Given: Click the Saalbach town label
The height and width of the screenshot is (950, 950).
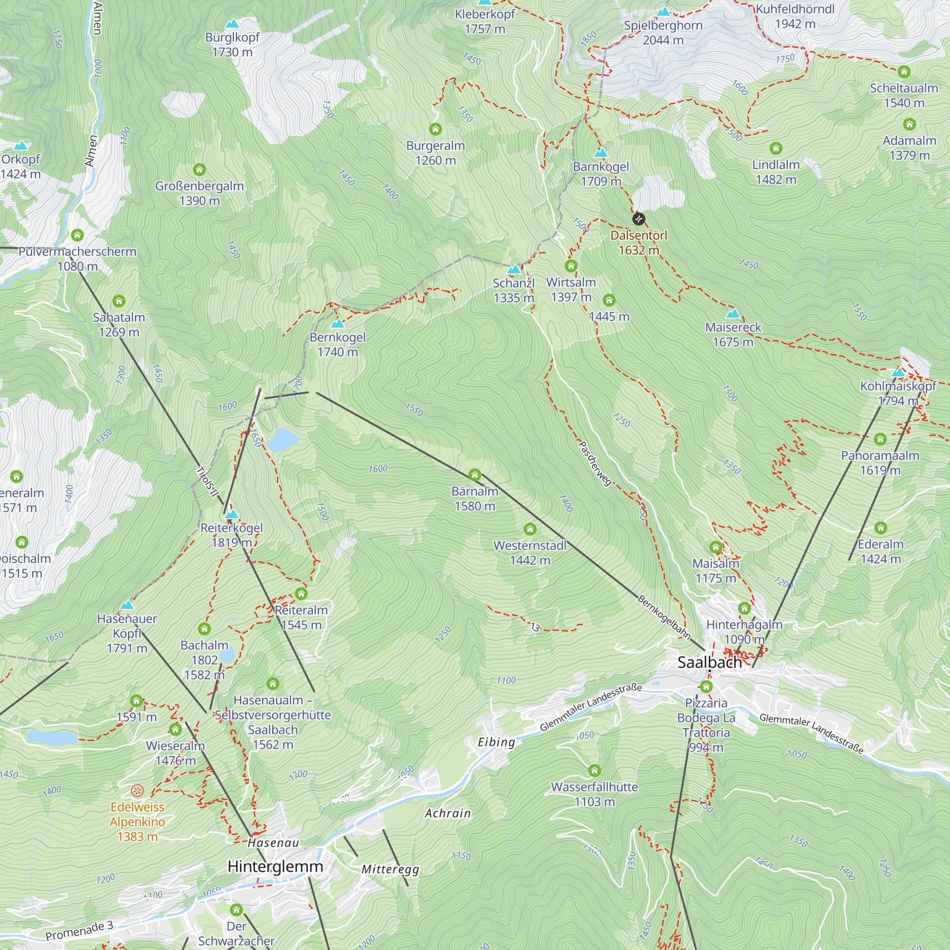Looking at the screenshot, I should coord(709,662).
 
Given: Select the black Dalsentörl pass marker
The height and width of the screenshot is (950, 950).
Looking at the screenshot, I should coord(638,219).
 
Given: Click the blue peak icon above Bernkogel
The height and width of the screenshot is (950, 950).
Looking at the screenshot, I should coord(337,323).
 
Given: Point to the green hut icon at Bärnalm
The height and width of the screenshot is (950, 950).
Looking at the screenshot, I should coord(475,475).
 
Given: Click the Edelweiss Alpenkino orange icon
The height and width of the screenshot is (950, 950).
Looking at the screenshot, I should coord(137,791).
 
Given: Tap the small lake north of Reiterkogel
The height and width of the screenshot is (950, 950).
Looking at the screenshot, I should coord(282,439).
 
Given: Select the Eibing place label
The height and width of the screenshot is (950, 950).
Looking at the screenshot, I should coord(496,742).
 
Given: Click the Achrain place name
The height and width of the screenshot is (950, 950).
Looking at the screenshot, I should coord(447,813).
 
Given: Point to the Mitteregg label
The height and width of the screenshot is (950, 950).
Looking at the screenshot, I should coord(390,869).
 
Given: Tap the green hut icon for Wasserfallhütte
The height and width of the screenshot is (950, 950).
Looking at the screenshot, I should coord(594,770).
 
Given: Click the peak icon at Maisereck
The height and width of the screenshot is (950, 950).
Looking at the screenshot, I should coord(732,313).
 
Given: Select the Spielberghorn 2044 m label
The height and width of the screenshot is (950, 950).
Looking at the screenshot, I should coord(663,32).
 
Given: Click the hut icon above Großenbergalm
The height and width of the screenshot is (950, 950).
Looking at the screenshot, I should coord(199,170).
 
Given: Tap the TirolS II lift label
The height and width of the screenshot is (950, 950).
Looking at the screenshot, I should coord(207,482).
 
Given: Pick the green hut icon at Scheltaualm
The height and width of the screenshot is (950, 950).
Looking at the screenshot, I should coord(904,72).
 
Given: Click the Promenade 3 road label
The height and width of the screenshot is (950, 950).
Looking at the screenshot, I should coord(79,930).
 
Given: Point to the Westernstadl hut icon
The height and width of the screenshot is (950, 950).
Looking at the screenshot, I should coord(530,529).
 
